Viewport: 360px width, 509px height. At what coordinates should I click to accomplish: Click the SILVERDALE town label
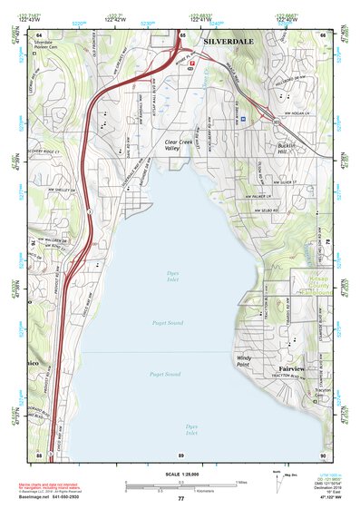pos(229,41)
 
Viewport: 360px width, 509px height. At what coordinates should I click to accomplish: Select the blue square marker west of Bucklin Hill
pos(243,117)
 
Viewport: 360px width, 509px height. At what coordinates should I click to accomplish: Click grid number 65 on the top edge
pos(182,35)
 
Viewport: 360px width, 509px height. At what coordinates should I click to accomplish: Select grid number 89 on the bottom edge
pos(181,454)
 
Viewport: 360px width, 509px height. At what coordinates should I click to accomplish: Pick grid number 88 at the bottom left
pos(39,454)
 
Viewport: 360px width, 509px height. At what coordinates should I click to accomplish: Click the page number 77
pos(181,499)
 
